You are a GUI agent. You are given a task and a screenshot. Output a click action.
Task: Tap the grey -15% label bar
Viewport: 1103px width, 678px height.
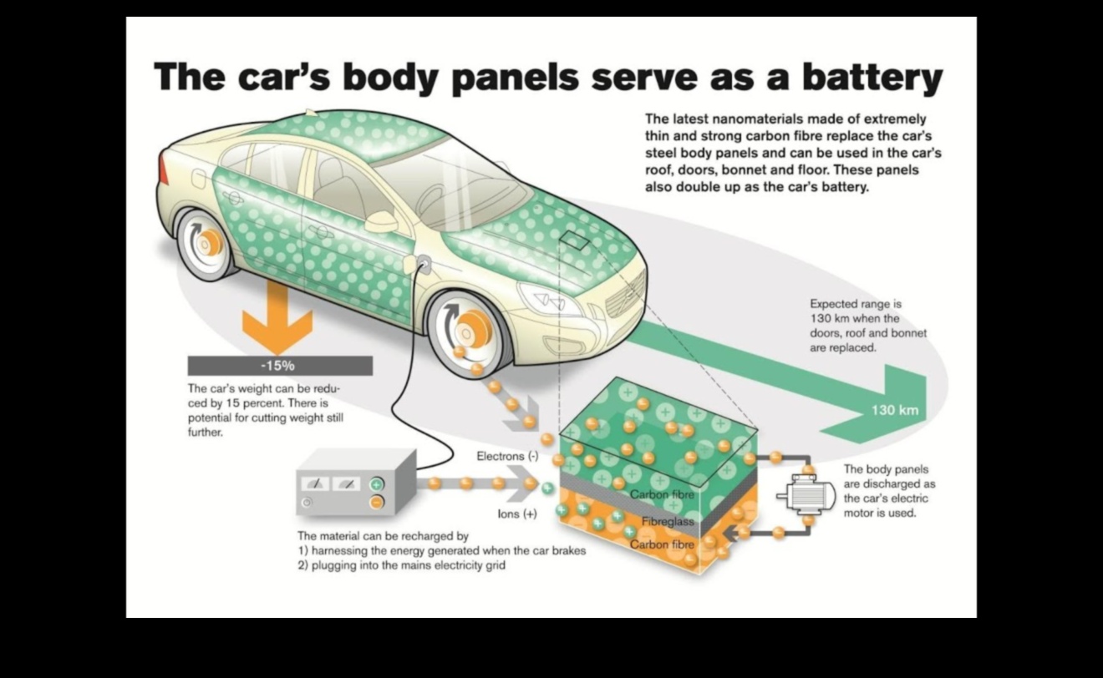pos(280,366)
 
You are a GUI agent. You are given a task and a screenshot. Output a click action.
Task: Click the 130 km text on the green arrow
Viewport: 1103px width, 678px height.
pos(894,410)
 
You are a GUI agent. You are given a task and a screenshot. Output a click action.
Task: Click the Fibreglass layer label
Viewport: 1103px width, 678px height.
pos(668,522)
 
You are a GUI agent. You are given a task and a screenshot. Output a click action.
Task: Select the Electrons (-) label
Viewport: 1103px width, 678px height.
pos(507,456)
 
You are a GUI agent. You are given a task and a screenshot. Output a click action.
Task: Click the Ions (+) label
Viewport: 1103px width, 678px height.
pos(516,514)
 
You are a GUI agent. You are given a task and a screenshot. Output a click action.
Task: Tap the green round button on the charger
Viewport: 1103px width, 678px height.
pos(377,484)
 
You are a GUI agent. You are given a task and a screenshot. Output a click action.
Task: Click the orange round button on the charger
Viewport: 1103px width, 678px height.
pos(377,502)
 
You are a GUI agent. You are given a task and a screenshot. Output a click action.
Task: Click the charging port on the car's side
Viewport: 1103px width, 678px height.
pos(423,266)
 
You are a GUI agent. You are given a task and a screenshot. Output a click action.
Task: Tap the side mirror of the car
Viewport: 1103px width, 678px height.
pos(381,222)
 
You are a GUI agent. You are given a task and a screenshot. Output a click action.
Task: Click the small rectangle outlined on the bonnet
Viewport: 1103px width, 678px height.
pos(576,240)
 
